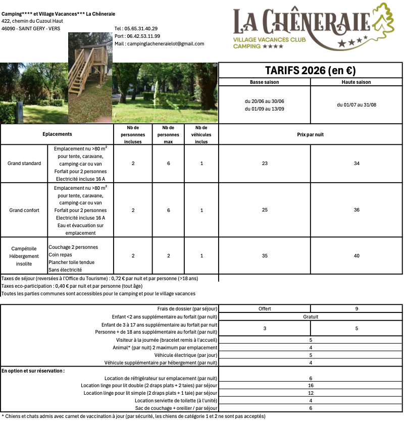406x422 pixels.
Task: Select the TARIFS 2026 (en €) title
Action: pyautogui.click(x=311, y=70)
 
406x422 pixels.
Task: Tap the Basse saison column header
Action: pyautogui.click(x=264, y=82)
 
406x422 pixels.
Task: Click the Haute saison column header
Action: pyautogui.click(x=357, y=82)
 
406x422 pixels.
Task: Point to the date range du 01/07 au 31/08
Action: pyautogui.click(x=357, y=105)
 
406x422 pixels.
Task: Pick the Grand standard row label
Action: pyautogui.click(x=24, y=164)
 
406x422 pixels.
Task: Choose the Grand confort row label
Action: pyautogui.click(x=24, y=210)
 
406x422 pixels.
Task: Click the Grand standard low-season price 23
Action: pyautogui.click(x=265, y=164)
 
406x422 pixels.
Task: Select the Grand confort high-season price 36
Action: pyautogui.click(x=357, y=210)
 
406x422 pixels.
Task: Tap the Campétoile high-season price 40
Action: pyautogui.click(x=357, y=256)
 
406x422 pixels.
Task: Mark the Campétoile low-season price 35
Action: pyautogui.click(x=265, y=256)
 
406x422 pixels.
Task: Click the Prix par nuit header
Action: pyautogui.click(x=311, y=135)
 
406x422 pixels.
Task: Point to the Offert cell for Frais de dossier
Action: pyautogui.click(x=265, y=308)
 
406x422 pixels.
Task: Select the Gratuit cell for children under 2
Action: pyautogui.click(x=311, y=317)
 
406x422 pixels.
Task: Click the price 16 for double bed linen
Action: pyautogui.click(x=311, y=385)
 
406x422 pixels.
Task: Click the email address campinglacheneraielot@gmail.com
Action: pyautogui.click(x=160, y=44)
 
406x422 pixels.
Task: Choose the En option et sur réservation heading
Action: pyautogui.click(x=33, y=371)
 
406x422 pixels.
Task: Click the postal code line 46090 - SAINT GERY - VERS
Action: pyautogui.click(x=31, y=29)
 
